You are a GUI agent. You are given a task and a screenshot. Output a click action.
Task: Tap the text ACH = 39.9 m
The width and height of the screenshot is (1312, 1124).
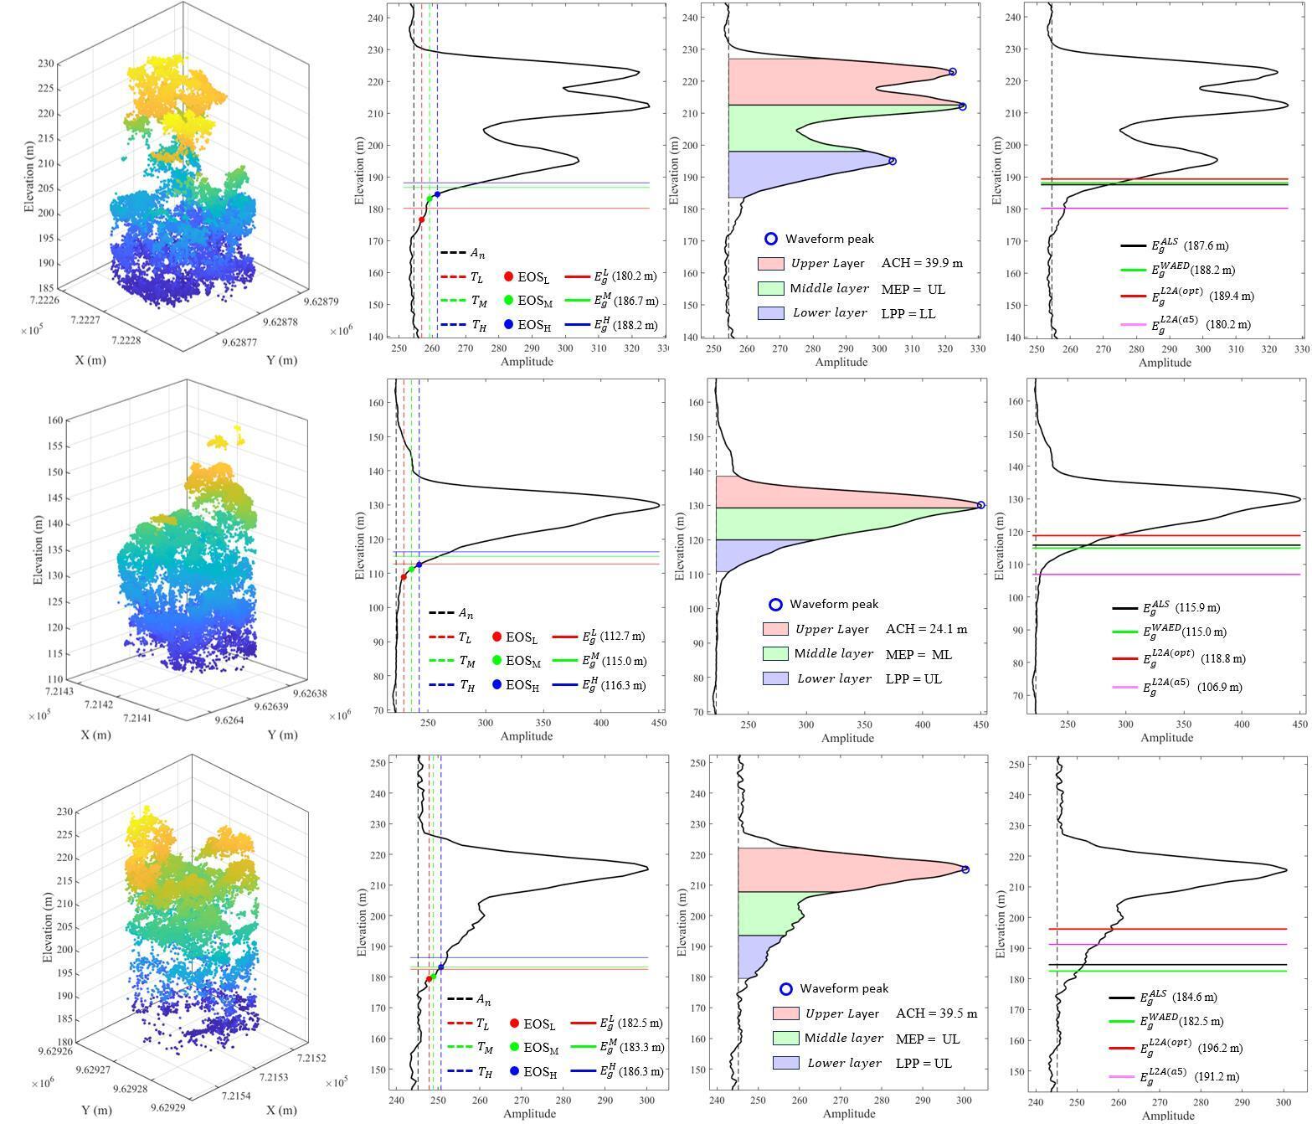922,263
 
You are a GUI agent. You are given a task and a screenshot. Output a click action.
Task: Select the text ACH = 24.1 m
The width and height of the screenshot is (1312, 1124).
926,629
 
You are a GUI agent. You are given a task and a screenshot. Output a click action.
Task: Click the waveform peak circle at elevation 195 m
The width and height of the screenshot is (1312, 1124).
893,162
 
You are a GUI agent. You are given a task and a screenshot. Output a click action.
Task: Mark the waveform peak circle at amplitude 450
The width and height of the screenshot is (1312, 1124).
980,506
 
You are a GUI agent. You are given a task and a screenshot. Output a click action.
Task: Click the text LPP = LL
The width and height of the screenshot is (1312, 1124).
908,314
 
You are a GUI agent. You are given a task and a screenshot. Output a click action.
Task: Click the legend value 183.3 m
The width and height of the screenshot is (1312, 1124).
641,1047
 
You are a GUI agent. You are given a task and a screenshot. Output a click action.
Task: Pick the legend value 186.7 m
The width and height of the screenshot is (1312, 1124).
635,301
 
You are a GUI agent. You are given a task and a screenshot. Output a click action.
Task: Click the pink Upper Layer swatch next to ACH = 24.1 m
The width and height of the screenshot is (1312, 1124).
775,629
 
